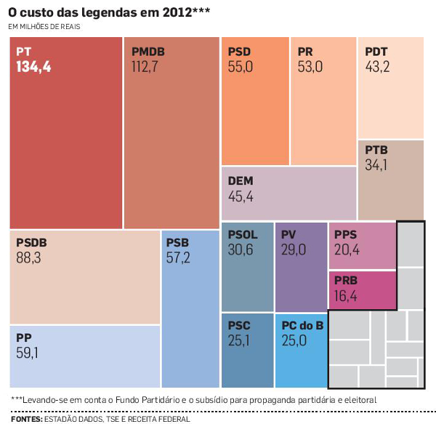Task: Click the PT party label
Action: [x=24, y=52]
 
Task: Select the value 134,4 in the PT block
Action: [x=34, y=67]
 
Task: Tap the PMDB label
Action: [x=148, y=52]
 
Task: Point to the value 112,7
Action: [x=145, y=67]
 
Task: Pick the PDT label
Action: [x=376, y=52]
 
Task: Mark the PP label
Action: [x=23, y=338]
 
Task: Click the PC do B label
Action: [x=302, y=326]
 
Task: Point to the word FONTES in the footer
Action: [x=25, y=419]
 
